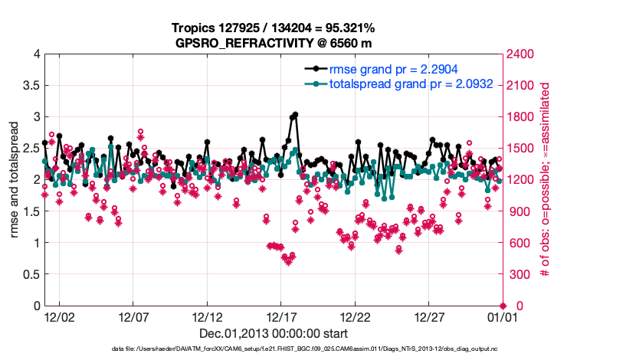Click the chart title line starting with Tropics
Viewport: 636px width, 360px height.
pos(274,28)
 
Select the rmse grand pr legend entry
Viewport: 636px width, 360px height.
pos(383,68)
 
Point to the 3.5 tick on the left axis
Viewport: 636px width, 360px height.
pos(30,86)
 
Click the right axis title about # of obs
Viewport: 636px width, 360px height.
pos(545,180)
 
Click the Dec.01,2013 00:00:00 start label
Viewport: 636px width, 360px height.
pos(274,333)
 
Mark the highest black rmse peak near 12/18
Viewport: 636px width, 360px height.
pos(295,114)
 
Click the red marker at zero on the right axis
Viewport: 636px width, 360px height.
pos(503,306)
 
